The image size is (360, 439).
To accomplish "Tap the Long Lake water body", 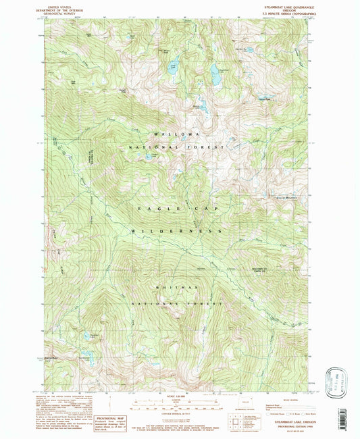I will (x=173, y=66).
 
